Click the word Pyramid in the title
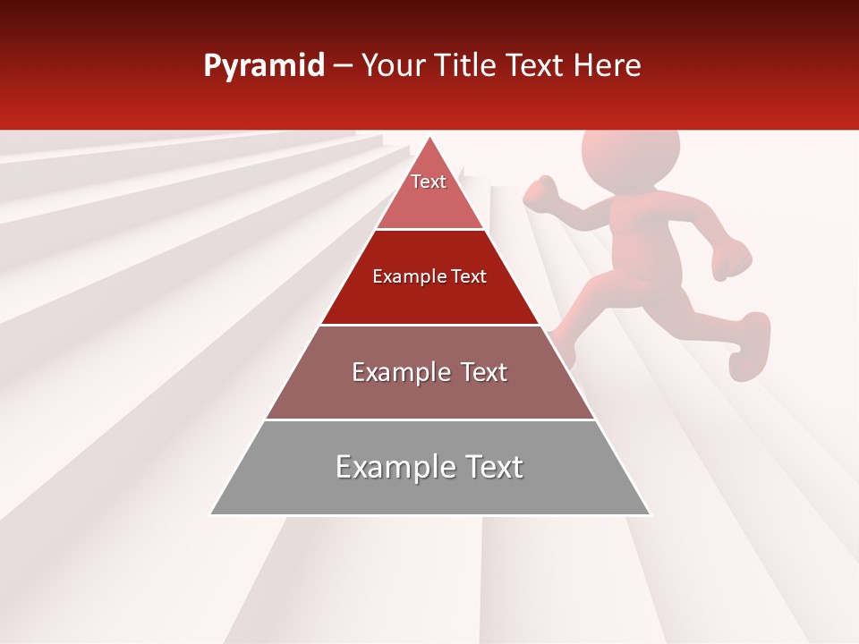tap(264, 66)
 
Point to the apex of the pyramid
tap(430, 138)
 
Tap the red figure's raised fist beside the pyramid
tap(540, 193)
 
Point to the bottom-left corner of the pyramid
tap(211, 514)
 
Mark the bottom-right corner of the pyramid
tap(650, 514)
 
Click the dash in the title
tap(343, 66)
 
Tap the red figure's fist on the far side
tap(733, 258)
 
